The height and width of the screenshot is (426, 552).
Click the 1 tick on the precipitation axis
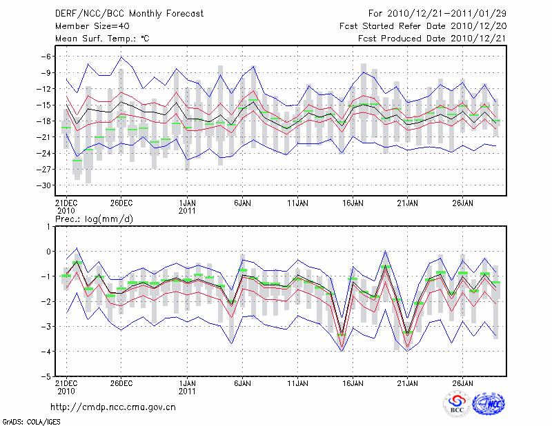coord(48,226)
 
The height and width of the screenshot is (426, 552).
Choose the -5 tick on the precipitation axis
coord(45,377)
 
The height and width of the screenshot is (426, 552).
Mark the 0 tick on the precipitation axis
coord(48,252)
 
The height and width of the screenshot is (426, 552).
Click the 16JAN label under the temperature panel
coord(353,203)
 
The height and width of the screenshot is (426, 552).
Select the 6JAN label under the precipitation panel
coord(241,383)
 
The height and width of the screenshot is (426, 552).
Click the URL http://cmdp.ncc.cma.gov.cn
coord(113,407)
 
